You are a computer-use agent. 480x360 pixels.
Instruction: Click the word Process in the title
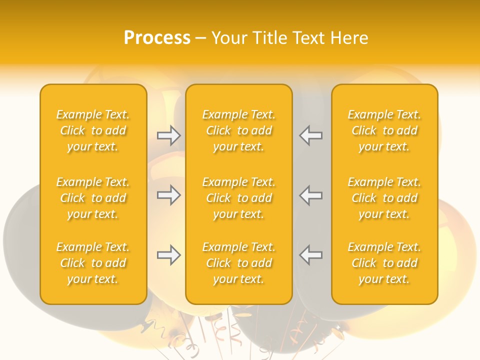tap(157, 38)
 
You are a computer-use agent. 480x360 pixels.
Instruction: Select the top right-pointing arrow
tap(168, 135)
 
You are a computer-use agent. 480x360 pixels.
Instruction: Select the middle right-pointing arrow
tap(168, 194)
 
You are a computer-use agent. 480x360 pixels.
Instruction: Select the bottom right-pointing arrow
tap(168, 255)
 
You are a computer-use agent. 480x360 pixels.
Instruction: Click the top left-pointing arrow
tap(311, 135)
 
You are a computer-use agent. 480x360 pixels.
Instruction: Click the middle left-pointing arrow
tap(311, 194)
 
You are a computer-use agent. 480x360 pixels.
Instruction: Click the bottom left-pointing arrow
tap(311, 255)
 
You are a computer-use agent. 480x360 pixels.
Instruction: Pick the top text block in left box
tap(93, 130)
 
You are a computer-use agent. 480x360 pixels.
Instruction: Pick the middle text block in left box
tap(93, 198)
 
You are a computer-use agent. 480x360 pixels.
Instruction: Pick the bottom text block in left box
tap(93, 263)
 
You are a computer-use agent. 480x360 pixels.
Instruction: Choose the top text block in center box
tap(239, 130)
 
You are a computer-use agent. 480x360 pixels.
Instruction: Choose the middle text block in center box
tap(239, 198)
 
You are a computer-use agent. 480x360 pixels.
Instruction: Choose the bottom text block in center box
tap(239, 263)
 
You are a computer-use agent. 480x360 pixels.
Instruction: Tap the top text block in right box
tap(384, 130)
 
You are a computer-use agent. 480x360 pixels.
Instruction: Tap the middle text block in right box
tap(384, 198)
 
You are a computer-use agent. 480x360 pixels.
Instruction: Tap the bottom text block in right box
tap(384, 263)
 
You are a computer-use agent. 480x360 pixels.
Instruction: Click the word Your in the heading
tap(229, 38)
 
